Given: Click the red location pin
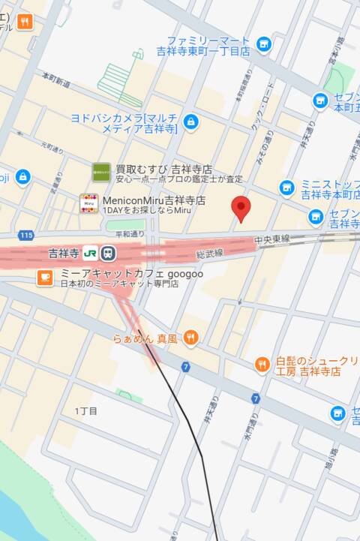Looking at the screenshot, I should (241, 207).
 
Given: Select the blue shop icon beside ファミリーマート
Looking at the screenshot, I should (263, 44).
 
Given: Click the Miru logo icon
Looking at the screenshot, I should (88, 203).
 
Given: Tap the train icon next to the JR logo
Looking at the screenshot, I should (108, 253).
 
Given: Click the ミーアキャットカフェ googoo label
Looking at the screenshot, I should (131, 275).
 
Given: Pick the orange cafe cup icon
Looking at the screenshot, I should (45, 278).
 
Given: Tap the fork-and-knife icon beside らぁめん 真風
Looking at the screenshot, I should (190, 339).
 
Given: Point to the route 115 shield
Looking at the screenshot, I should (27, 236).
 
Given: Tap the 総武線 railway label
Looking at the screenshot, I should (210, 256).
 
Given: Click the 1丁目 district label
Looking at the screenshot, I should (86, 410).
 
